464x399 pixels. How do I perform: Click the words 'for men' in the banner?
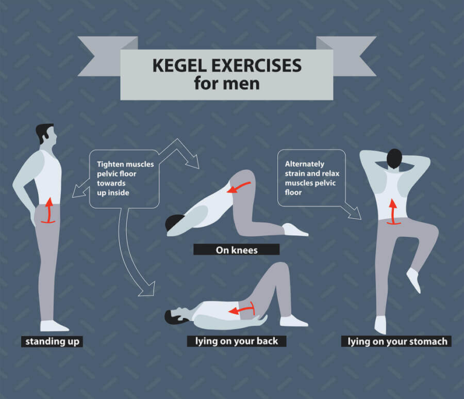tap(227, 83)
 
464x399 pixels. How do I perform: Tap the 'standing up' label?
tap(52, 342)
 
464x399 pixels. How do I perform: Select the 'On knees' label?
tap(236, 250)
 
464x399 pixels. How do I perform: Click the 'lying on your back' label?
tap(236, 341)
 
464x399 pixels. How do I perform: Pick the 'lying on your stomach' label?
tap(398, 342)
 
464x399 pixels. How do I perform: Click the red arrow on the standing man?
tap(48, 210)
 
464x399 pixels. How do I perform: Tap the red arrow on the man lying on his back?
tap(241, 310)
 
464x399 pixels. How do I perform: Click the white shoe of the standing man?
tap(54, 326)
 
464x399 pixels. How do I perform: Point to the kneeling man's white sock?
tap(295, 230)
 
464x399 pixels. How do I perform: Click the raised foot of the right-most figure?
tap(414, 280)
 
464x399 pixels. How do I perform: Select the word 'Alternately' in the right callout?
tap(304, 164)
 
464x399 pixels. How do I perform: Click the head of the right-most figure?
tap(395, 159)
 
